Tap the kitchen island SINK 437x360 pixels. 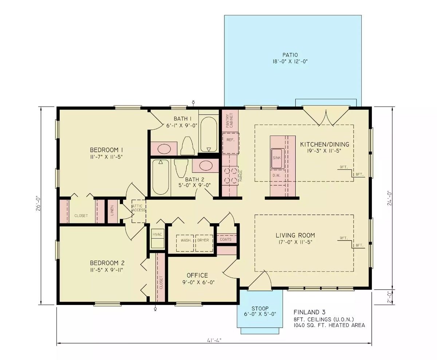pos(276,159)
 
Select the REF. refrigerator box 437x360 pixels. pos(231,140)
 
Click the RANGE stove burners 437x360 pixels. pos(230,175)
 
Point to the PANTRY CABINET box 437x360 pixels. pos(230,120)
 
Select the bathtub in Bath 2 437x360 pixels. pos(160,177)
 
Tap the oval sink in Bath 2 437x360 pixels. pos(206,165)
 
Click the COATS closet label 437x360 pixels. pos(226,239)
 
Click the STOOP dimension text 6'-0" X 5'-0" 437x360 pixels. pos(260,314)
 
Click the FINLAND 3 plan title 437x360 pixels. pos(309,312)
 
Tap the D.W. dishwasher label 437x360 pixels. pos(276,175)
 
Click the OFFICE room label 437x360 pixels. pos(197,275)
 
